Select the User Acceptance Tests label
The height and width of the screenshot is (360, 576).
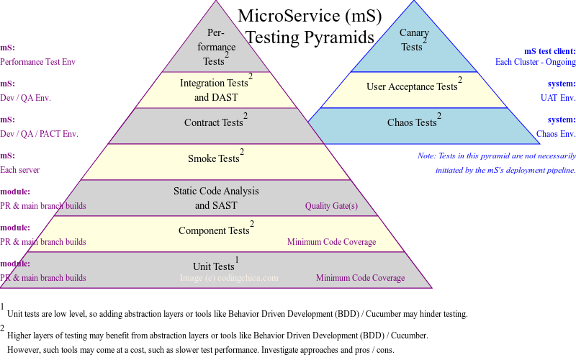point(412,87)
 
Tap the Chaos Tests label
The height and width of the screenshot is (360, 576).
point(413,123)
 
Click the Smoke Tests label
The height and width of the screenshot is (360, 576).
point(214,158)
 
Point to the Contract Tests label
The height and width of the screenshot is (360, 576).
point(214,122)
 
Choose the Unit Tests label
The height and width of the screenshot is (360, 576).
point(214,266)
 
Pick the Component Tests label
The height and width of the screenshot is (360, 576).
point(214,230)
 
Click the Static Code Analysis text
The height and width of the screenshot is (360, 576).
point(216,191)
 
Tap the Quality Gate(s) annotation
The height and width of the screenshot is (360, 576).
point(331,206)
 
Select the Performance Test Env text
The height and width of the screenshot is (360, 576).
point(37,62)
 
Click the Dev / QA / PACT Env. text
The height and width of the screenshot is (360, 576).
point(39,134)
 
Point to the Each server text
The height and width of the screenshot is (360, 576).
point(20,170)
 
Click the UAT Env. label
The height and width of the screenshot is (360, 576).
point(558,98)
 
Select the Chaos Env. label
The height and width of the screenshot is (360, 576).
point(556,134)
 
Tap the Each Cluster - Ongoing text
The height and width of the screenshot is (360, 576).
point(535,62)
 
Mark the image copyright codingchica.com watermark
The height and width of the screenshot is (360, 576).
point(229,278)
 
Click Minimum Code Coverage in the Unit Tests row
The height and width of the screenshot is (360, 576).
point(360,278)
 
